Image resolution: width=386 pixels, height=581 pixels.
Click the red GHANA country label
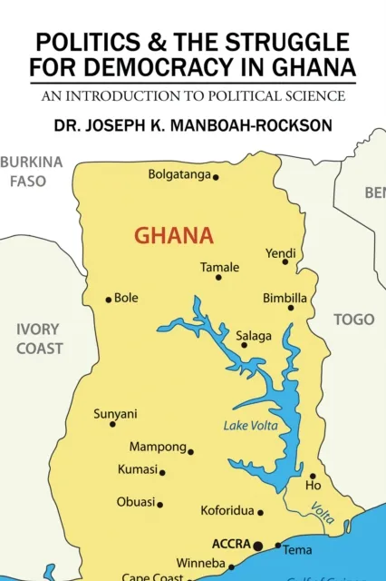174,237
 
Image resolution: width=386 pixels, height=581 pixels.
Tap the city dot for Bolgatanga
216,177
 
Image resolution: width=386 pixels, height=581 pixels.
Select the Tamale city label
219,267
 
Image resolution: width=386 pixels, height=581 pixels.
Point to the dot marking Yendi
285,261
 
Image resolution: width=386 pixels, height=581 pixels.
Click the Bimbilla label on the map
285,297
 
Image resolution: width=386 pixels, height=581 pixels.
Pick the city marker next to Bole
109,300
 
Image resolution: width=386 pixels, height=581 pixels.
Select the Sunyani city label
115,414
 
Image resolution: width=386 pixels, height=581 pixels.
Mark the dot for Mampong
190,451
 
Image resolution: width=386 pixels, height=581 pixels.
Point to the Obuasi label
136,502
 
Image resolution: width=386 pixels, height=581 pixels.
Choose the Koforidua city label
227,511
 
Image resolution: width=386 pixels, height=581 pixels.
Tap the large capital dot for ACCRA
258,546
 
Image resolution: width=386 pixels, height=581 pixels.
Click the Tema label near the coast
297,550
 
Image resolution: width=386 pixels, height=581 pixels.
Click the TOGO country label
353,320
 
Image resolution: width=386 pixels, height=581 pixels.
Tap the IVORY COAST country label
39,339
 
